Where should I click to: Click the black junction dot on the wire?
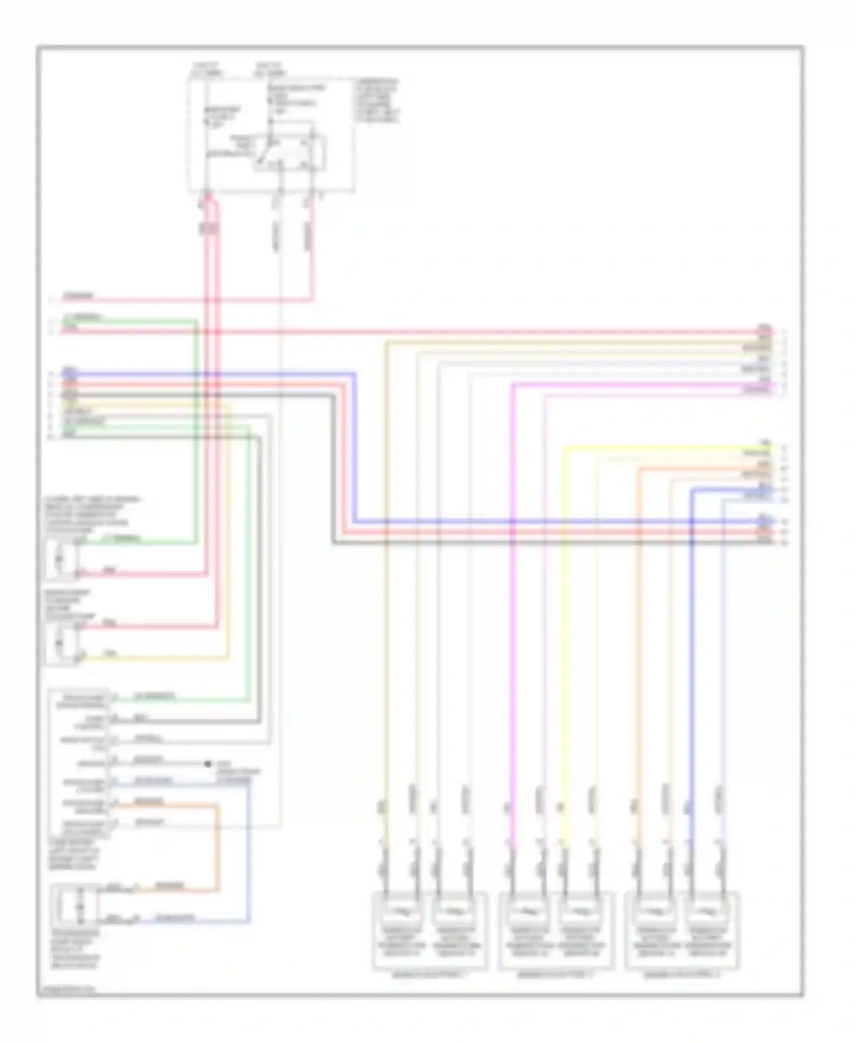[x=208, y=763]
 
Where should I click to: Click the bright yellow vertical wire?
[x=564, y=628]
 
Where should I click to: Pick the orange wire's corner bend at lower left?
[x=217, y=806]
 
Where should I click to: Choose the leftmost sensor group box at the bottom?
[x=430, y=931]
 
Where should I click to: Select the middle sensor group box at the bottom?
[x=556, y=931]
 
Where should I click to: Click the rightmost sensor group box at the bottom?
[x=683, y=931]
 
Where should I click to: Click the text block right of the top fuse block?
[x=377, y=100]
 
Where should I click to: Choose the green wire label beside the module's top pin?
[x=154, y=697]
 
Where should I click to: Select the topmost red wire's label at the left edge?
[x=79, y=296]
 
